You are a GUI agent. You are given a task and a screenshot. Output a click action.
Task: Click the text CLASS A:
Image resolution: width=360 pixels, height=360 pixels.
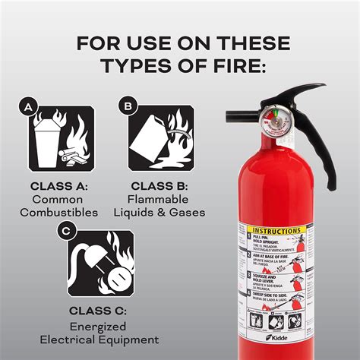(x=59, y=185)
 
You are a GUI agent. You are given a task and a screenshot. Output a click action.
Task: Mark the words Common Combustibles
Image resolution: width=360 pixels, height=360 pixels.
(x=59, y=206)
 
